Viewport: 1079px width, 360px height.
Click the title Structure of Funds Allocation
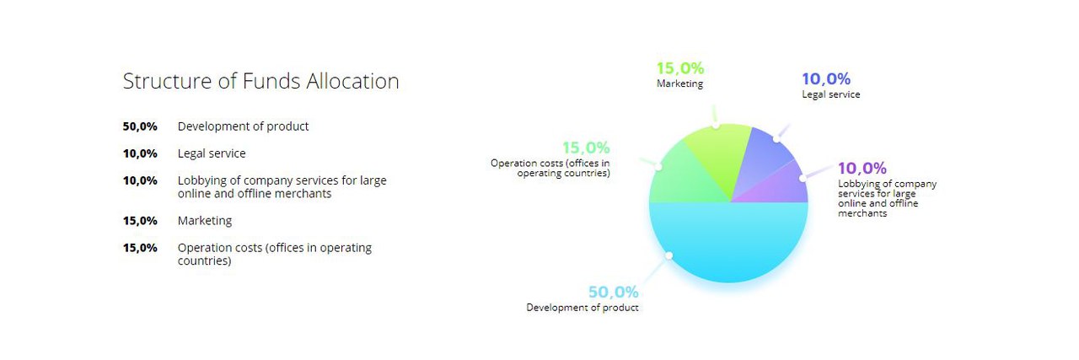[x=260, y=81]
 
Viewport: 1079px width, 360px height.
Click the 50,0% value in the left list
[x=140, y=126]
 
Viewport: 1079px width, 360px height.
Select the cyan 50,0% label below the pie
[x=613, y=292]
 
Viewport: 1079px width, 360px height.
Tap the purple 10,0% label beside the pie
[x=862, y=168]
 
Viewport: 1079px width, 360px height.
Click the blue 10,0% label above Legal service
[x=826, y=78]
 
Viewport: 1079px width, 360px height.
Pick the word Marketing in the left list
[x=205, y=221]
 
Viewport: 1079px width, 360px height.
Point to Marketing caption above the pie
[x=679, y=83]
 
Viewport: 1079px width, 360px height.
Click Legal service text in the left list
[x=212, y=153]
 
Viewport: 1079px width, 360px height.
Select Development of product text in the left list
[x=244, y=126]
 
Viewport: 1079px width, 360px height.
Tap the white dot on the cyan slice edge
[x=668, y=256]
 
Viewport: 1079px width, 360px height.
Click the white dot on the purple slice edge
[x=803, y=178]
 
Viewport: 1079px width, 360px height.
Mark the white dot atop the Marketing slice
[x=716, y=126]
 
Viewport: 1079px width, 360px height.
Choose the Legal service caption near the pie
[x=831, y=94]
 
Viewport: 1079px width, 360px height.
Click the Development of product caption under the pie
[x=582, y=308]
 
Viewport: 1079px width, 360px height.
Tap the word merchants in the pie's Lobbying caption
[x=862, y=213]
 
